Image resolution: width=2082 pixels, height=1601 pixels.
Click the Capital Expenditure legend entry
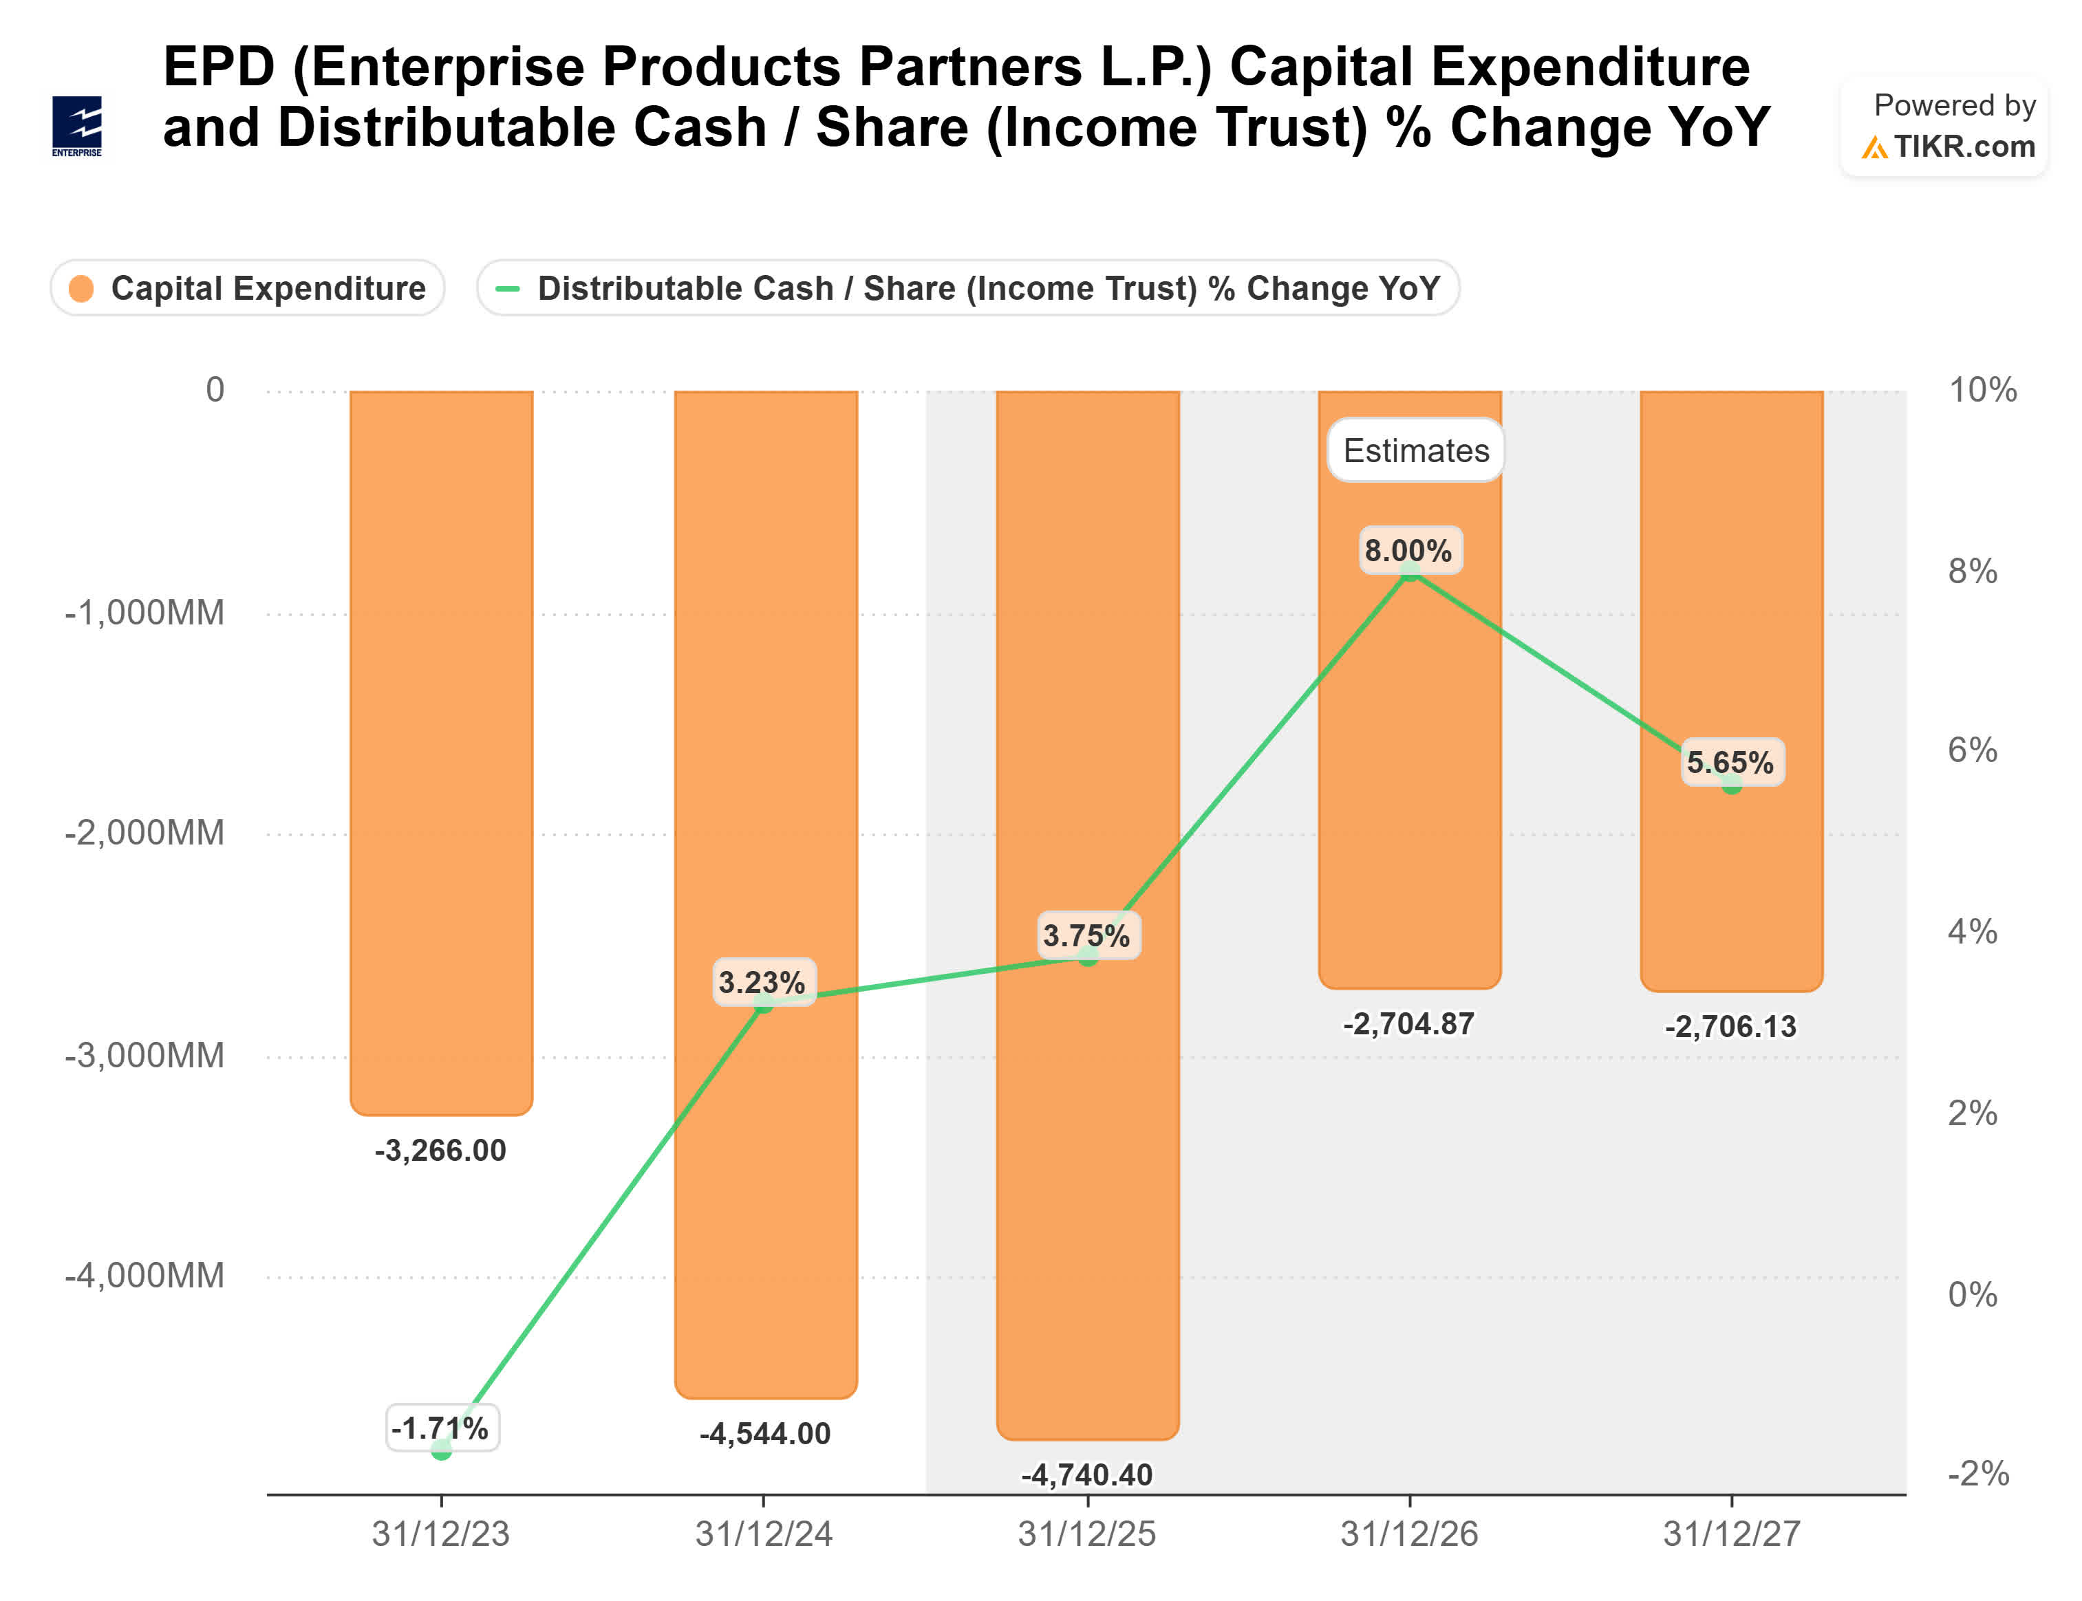(248, 287)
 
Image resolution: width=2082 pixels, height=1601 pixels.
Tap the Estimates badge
(1416, 450)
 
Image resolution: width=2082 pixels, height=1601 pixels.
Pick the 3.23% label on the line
(762, 983)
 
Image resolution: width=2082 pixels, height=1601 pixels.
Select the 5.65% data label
(1730, 763)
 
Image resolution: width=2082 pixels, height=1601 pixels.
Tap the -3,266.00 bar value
(440, 1151)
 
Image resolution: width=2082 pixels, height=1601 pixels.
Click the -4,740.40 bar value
(1087, 1475)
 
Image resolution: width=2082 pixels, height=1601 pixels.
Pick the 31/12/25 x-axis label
(1087, 1534)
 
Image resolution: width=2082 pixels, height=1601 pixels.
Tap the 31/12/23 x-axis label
(440, 1534)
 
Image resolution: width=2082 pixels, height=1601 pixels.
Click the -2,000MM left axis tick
(145, 833)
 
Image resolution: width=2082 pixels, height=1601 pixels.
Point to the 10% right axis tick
(1982, 390)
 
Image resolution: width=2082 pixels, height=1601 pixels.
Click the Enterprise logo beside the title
(77, 126)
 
